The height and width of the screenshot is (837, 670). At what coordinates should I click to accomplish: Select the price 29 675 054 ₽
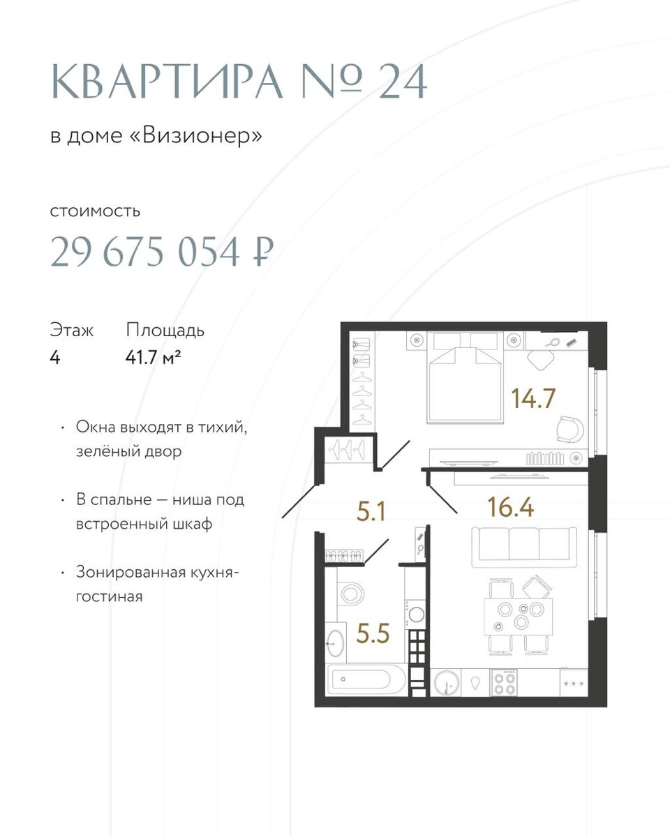click(162, 252)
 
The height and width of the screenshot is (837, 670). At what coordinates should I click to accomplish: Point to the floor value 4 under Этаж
click(55, 357)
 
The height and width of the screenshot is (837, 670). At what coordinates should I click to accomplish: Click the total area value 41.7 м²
click(154, 357)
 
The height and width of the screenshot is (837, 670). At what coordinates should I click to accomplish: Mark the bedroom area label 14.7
click(533, 398)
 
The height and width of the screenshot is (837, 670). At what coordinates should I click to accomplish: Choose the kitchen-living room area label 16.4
click(510, 507)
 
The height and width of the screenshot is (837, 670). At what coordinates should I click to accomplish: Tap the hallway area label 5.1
click(371, 511)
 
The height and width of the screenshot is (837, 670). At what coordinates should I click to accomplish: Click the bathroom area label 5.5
click(373, 633)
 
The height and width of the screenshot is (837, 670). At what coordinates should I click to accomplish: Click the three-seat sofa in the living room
click(524, 548)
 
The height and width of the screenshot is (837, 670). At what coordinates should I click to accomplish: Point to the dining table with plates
click(518, 617)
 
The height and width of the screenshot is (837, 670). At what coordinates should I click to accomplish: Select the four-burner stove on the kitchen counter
click(504, 683)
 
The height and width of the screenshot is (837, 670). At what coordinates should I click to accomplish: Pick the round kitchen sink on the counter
click(446, 683)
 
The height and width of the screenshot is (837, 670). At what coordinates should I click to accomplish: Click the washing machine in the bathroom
click(415, 614)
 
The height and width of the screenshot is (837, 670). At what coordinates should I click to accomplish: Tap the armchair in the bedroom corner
click(570, 429)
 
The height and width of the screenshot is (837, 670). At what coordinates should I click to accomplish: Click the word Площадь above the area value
click(165, 331)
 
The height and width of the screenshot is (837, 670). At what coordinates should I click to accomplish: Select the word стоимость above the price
click(95, 211)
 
